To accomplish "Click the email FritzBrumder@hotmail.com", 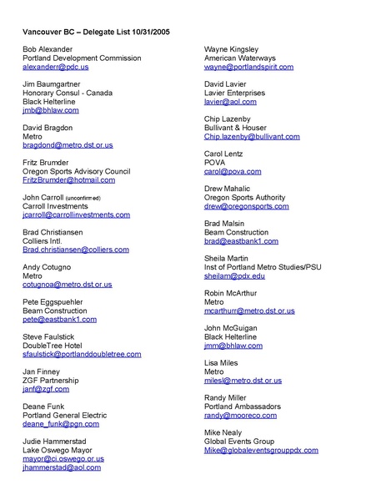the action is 68,179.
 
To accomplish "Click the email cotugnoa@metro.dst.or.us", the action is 67,284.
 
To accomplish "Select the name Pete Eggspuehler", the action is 56,301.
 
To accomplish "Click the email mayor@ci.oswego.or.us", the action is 63,458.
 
